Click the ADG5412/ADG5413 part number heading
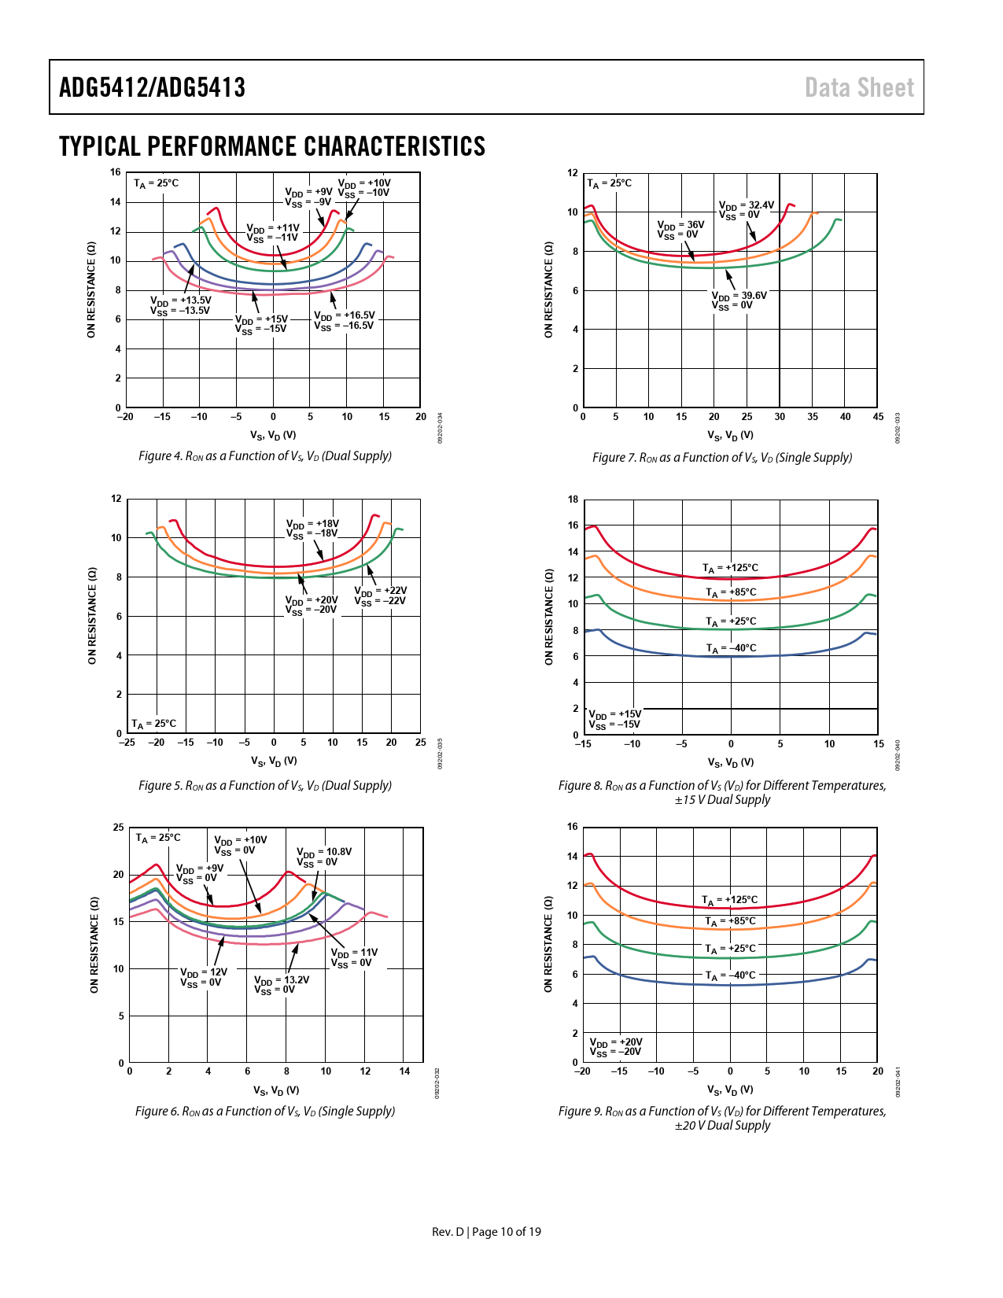152,87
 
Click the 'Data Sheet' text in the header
859,87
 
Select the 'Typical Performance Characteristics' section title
272,146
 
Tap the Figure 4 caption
265,456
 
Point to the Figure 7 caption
722,458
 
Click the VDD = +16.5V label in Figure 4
345,320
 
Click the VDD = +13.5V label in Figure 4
181,305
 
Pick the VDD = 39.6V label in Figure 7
739,301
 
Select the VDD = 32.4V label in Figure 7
747,209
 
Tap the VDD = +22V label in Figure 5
381,596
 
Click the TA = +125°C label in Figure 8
731,568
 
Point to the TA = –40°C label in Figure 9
730,975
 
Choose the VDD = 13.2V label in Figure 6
282,985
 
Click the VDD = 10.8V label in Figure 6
324,857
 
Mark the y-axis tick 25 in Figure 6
118,828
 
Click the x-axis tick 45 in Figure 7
878,417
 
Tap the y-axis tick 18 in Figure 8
573,500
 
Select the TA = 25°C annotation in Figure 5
154,724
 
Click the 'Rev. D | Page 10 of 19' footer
486,1232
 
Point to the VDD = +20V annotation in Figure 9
616,1047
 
